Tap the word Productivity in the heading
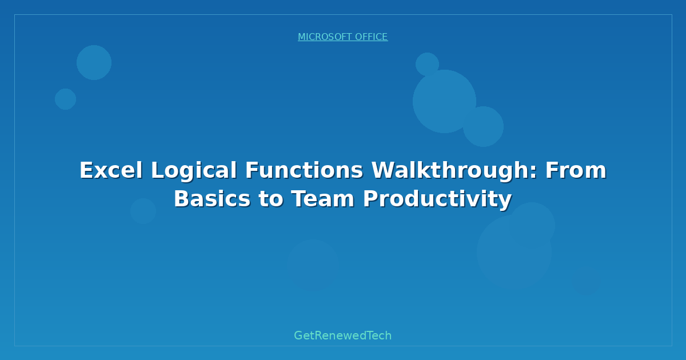click(x=437, y=199)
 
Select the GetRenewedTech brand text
click(x=342, y=336)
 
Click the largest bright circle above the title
click(x=444, y=101)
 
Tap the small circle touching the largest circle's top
click(x=427, y=64)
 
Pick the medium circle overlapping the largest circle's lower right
click(x=484, y=127)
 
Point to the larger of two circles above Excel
click(x=94, y=62)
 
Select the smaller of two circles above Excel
click(x=65, y=99)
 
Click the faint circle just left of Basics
click(x=143, y=211)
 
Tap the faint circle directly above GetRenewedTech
click(x=313, y=265)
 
